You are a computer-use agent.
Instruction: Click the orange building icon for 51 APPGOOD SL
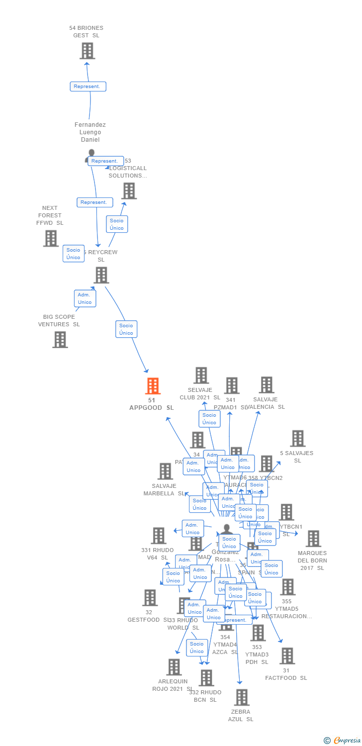click(x=153, y=386)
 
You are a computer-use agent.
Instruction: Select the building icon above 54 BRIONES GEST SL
click(x=87, y=51)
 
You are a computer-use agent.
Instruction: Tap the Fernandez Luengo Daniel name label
click(x=90, y=132)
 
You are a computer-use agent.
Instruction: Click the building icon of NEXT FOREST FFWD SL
click(x=51, y=238)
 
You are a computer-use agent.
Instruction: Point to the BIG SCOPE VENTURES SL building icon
click(x=60, y=340)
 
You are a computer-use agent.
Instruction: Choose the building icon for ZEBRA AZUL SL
click(x=242, y=697)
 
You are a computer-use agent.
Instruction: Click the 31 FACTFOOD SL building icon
click(x=287, y=656)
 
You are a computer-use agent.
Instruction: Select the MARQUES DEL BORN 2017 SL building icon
click(x=313, y=539)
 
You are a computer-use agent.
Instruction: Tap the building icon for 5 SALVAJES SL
click(x=298, y=439)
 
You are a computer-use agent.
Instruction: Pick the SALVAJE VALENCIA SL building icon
click(x=267, y=385)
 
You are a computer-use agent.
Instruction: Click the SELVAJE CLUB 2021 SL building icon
click(x=201, y=375)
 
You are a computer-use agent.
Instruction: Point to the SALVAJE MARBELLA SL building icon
click(x=165, y=471)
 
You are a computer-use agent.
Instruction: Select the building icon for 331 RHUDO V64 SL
click(x=159, y=536)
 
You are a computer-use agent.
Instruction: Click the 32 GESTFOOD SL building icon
click(x=150, y=598)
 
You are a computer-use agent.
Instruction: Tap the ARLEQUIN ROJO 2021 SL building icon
click(x=174, y=667)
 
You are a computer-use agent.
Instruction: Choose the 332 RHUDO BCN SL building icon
click(x=206, y=678)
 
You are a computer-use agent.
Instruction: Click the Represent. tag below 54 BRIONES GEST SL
click(x=88, y=87)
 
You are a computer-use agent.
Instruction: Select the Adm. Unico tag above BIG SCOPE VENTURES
click(x=85, y=298)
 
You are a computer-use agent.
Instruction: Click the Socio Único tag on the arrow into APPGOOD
click(x=126, y=329)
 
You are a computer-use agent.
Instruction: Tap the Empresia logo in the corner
click(x=343, y=741)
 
